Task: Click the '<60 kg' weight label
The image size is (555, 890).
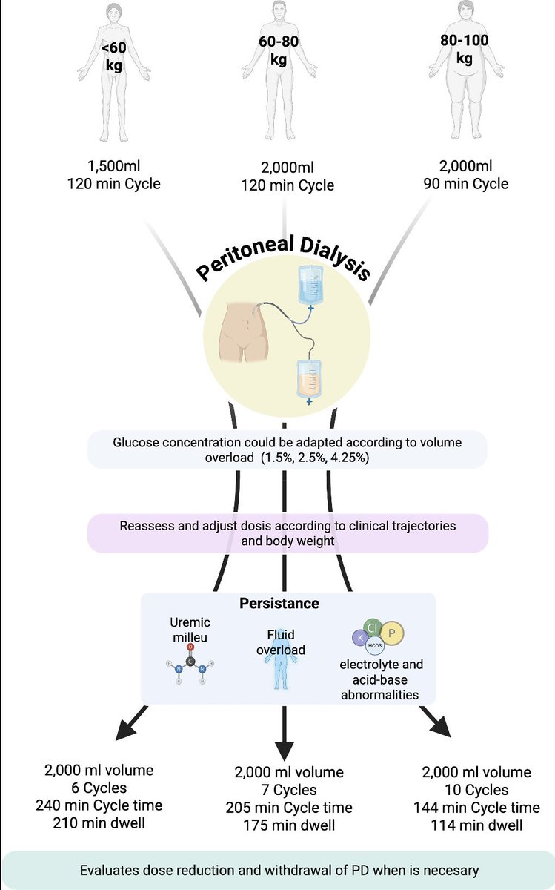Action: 114,57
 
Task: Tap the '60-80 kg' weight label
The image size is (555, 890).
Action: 279,50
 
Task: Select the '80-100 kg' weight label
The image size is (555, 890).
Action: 465,49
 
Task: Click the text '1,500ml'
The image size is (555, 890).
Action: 114,166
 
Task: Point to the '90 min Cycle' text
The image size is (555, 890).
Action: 465,184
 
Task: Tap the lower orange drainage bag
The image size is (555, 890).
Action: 309,380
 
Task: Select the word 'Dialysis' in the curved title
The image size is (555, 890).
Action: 335,257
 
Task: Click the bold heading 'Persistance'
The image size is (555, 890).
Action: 279,603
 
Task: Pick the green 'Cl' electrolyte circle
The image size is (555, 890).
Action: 373,627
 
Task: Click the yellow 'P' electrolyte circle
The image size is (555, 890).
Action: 391,633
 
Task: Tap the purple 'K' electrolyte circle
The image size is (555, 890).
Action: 360,638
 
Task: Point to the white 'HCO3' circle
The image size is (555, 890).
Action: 375,646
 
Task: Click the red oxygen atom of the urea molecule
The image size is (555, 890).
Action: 190,647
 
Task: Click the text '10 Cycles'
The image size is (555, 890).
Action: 476,790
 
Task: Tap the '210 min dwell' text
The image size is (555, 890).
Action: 99,823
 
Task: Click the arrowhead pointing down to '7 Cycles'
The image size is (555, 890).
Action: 285,751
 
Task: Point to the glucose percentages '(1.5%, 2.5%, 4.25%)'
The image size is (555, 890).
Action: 315,458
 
